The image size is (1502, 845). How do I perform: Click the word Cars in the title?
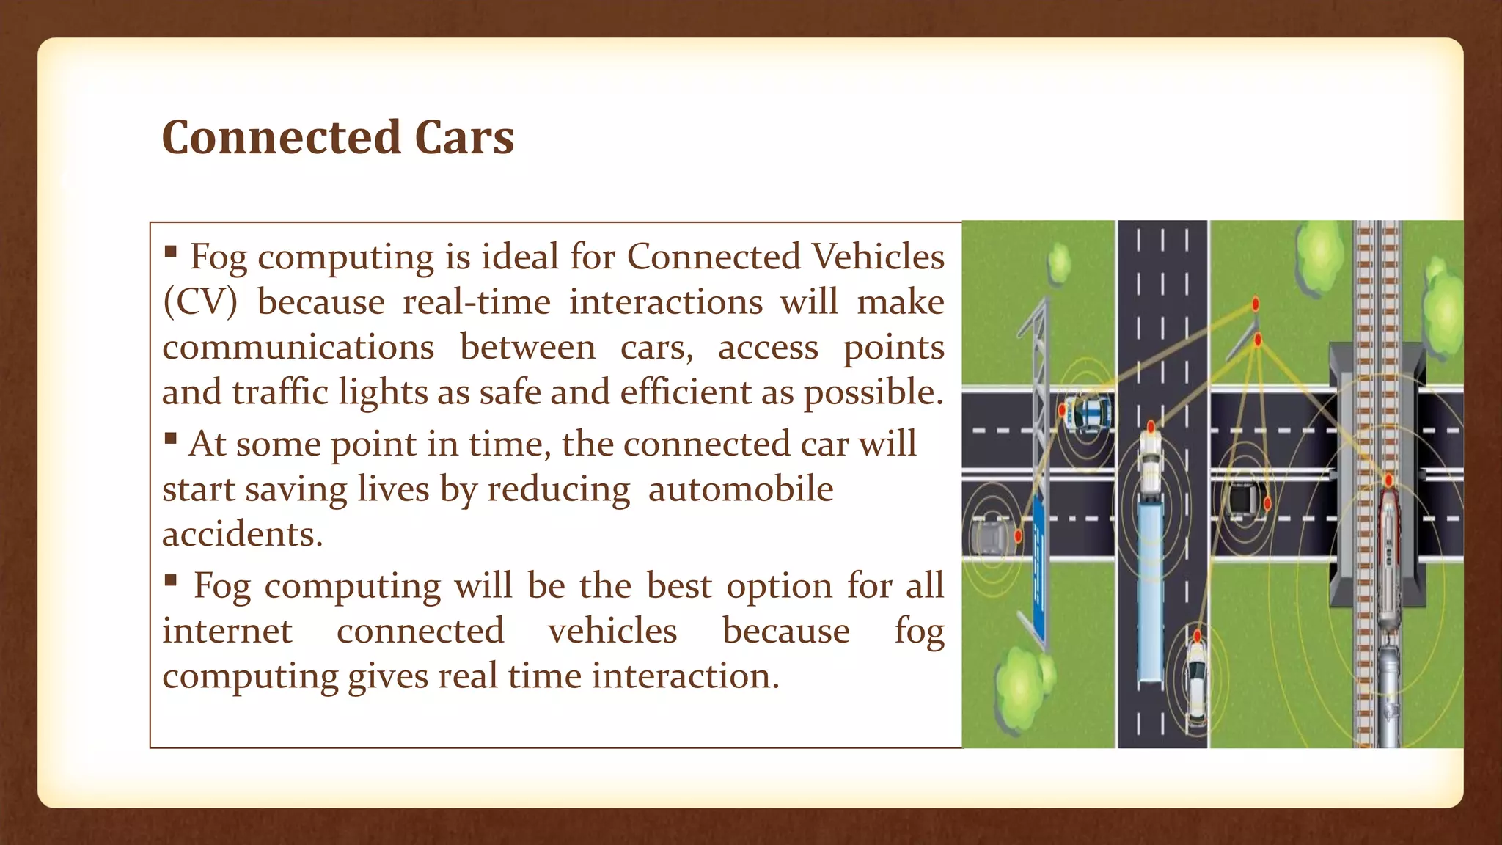464,138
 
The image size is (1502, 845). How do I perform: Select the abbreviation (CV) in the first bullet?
200,302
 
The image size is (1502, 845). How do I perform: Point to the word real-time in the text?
477,302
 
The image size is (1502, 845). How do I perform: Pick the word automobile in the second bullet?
740,489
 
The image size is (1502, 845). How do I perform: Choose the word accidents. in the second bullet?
242,534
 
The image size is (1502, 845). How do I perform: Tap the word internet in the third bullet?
227,631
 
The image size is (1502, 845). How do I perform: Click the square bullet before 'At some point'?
171,439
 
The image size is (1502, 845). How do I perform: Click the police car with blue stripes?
1088,413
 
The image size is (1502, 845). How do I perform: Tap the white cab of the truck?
1150,462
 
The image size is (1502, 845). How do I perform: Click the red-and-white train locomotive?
1389,557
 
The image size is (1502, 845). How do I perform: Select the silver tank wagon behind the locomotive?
1389,689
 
